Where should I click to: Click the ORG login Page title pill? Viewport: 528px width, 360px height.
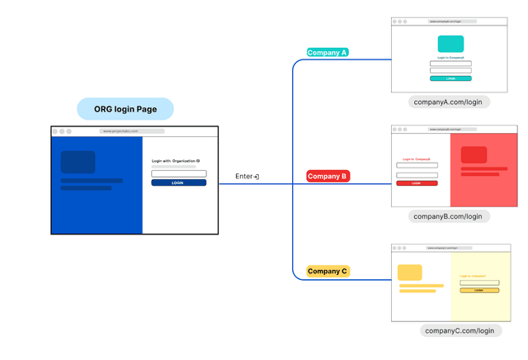click(x=125, y=109)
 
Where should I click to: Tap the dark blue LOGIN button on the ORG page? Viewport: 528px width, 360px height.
click(x=178, y=182)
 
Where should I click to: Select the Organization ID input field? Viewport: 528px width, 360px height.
click(x=178, y=173)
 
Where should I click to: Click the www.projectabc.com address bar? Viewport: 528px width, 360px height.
click(x=132, y=131)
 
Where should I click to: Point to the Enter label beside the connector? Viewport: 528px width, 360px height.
click(x=244, y=177)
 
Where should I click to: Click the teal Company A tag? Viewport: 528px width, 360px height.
click(x=328, y=52)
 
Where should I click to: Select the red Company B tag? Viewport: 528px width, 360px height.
click(x=328, y=176)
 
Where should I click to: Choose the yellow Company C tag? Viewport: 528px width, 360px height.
click(x=328, y=271)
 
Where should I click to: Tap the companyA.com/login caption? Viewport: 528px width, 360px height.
click(x=450, y=102)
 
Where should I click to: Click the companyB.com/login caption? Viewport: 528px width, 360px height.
click(x=450, y=216)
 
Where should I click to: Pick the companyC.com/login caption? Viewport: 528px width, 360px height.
click(x=460, y=330)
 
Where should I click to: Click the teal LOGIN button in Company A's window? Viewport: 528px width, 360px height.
click(x=450, y=78)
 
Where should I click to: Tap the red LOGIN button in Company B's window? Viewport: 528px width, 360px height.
click(x=417, y=183)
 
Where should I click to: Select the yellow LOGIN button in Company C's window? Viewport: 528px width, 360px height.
click(x=479, y=291)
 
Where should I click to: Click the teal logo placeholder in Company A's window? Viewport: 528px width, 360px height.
click(x=450, y=44)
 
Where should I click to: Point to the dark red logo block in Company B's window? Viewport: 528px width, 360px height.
click(x=474, y=154)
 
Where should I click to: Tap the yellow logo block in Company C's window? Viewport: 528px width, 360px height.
click(x=410, y=272)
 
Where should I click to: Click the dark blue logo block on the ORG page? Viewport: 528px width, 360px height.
click(x=78, y=162)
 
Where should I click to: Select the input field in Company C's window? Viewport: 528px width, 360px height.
click(x=479, y=283)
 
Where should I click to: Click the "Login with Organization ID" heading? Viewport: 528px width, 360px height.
click(x=176, y=161)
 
